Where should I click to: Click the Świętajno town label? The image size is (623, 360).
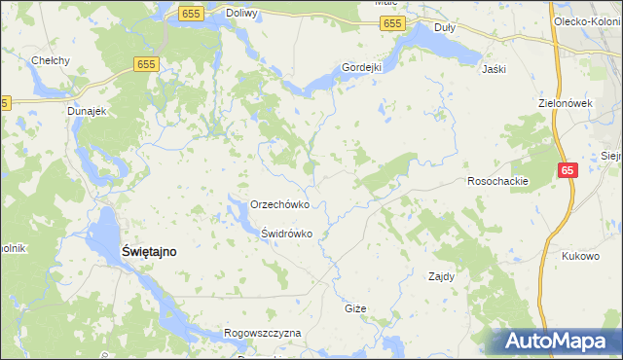click(x=148, y=251)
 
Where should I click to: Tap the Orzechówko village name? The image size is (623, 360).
click(x=279, y=205)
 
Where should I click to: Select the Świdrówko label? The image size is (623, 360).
click(x=286, y=234)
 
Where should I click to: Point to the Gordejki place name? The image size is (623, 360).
click(x=360, y=67)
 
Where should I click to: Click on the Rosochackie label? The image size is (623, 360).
click(x=497, y=181)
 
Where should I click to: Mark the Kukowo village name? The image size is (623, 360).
click(x=580, y=256)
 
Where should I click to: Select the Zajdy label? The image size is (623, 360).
click(x=442, y=276)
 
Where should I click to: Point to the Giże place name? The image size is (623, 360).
click(x=355, y=308)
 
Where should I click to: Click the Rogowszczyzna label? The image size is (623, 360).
click(x=263, y=333)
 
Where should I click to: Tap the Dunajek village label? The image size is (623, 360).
click(x=86, y=111)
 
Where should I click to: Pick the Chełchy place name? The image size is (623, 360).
click(x=50, y=60)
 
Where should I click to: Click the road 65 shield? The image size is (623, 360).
click(x=568, y=170)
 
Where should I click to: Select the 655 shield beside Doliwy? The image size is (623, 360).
click(x=190, y=13)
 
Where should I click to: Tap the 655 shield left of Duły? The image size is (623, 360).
click(x=392, y=23)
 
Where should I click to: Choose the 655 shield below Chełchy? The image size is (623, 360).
click(x=146, y=63)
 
